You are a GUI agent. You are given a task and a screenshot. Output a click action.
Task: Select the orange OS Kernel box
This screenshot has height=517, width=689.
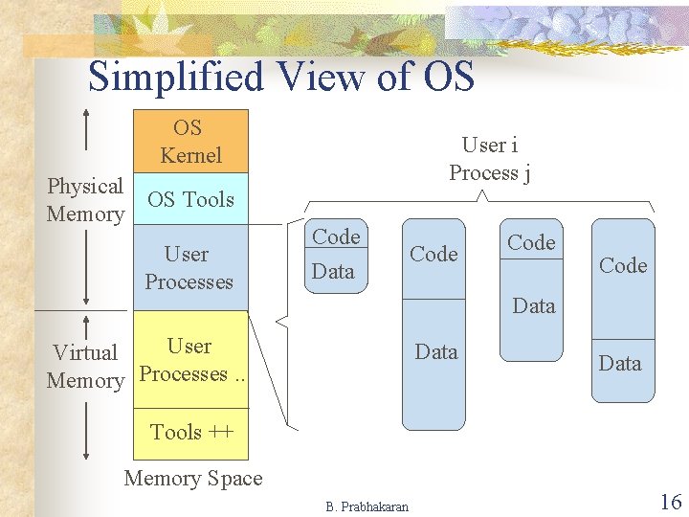189,142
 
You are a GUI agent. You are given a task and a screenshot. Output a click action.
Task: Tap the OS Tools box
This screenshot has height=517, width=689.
189,199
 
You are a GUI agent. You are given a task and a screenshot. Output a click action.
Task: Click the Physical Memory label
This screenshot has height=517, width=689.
85,200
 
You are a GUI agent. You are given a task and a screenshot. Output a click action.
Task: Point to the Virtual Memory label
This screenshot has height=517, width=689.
85,367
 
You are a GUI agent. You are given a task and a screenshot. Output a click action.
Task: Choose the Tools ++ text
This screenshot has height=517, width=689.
191,433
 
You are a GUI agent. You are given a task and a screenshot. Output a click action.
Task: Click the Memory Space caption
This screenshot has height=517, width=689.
193,479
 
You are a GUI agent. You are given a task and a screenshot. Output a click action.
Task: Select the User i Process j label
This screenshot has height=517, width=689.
490,159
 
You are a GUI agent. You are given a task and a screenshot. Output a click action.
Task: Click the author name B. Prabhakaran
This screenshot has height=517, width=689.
367,506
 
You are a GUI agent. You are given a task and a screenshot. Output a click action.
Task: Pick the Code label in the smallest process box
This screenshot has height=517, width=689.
336,236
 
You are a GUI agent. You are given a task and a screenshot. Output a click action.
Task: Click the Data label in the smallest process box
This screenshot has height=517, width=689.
333,271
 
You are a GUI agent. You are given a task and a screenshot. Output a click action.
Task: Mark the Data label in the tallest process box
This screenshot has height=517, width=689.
436,352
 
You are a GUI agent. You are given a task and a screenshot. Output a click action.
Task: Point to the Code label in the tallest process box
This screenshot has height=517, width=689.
433,254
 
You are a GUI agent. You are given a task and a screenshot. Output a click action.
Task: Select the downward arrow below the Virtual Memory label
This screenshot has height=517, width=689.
87,431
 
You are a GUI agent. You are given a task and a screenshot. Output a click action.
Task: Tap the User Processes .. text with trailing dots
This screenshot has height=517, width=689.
191,361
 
